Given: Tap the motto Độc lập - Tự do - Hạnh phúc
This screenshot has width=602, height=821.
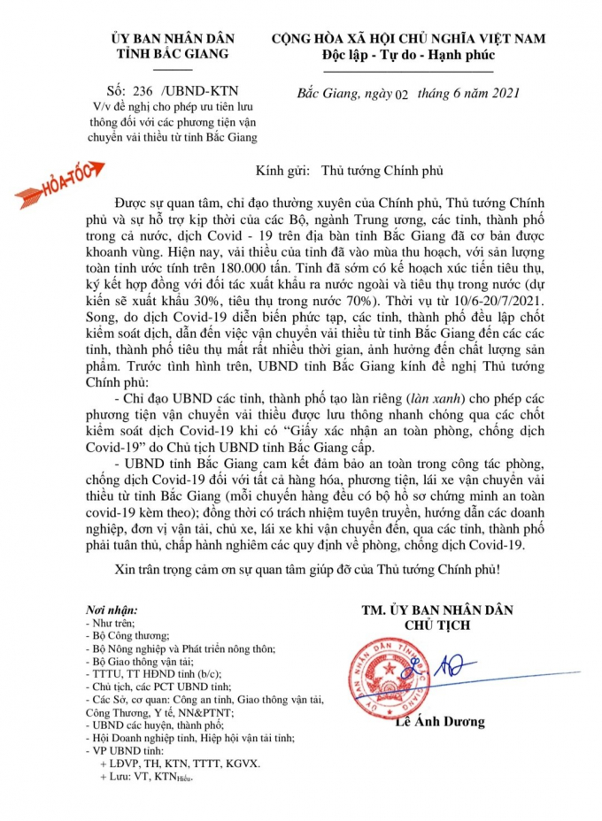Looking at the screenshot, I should (x=408, y=57).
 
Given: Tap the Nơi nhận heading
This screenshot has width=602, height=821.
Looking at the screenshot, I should (x=111, y=610).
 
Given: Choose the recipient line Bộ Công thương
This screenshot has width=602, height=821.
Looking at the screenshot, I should (x=131, y=635).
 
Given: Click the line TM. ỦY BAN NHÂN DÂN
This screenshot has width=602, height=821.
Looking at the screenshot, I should (x=437, y=610).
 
